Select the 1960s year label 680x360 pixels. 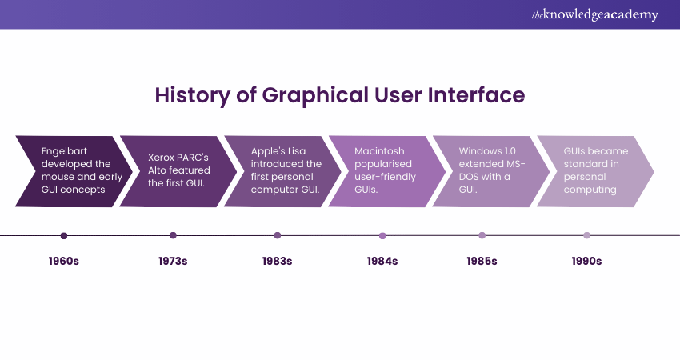[x=64, y=261]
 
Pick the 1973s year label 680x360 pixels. [x=173, y=261]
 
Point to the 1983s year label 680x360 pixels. [x=278, y=261]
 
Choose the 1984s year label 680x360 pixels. [x=382, y=261]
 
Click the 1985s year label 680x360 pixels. [x=482, y=261]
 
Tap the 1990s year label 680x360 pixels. [x=586, y=261]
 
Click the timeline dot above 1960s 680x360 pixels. [x=64, y=236]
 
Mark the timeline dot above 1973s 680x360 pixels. [x=173, y=236]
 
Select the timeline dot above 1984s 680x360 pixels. [x=382, y=236]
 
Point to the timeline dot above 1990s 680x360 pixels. [x=586, y=236]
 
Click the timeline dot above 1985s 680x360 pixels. [x=482, y=236]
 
